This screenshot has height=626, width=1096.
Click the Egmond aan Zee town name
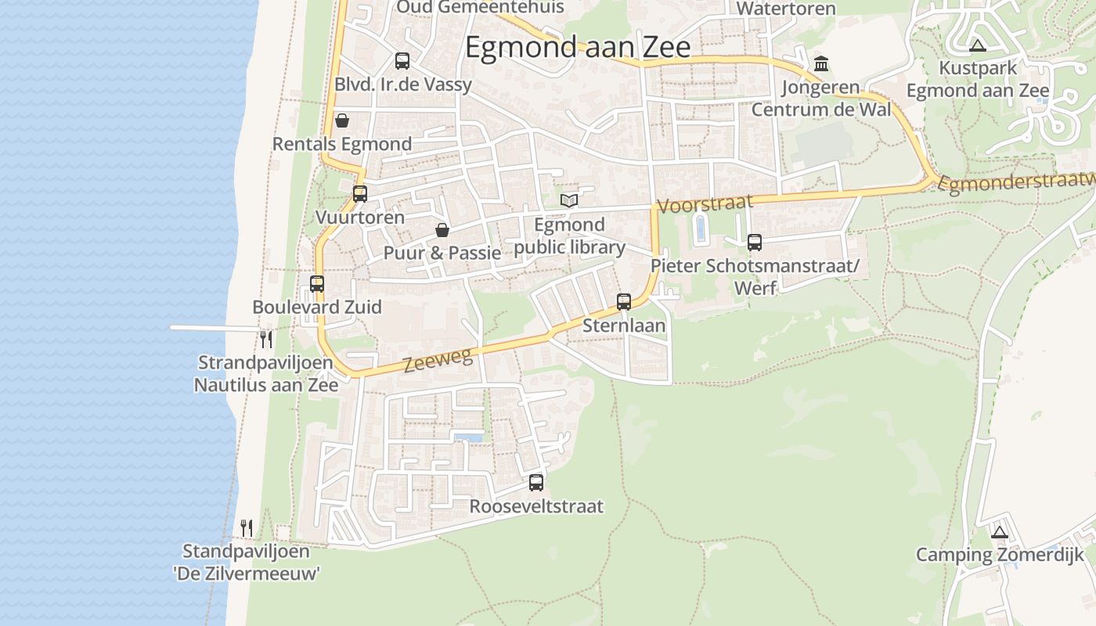tap(578, 47)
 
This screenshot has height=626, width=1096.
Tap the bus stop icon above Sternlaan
tap(624, 301)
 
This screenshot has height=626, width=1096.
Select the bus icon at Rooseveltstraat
tap(536, 482)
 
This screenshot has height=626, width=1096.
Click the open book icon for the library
tap(569, 200)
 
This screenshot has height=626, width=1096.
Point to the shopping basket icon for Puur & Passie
tap(442, 229)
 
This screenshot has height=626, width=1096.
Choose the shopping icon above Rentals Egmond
tap(341, 121)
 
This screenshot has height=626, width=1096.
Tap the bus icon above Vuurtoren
tap(360, 193)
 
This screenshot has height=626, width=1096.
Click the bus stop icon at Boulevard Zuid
tap(317, 283)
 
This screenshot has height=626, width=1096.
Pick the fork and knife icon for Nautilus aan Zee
tap(266, 339)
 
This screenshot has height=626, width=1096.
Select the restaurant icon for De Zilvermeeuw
tap(247, 527)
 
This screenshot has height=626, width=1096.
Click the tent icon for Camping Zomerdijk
tap(999, 532)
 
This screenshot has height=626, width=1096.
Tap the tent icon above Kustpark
tap(977, 45)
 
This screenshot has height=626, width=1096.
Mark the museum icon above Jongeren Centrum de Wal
tap(821, 63)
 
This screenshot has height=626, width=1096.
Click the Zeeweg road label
tap(438, 361)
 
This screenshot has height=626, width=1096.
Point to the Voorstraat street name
tap(705, 203)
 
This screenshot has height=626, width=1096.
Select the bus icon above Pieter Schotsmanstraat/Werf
tap(755, 243)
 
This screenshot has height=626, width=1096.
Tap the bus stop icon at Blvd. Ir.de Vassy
tap(402, 60)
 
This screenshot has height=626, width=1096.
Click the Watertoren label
tap(786, 9)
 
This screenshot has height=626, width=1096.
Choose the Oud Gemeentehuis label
tap(481, 7)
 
